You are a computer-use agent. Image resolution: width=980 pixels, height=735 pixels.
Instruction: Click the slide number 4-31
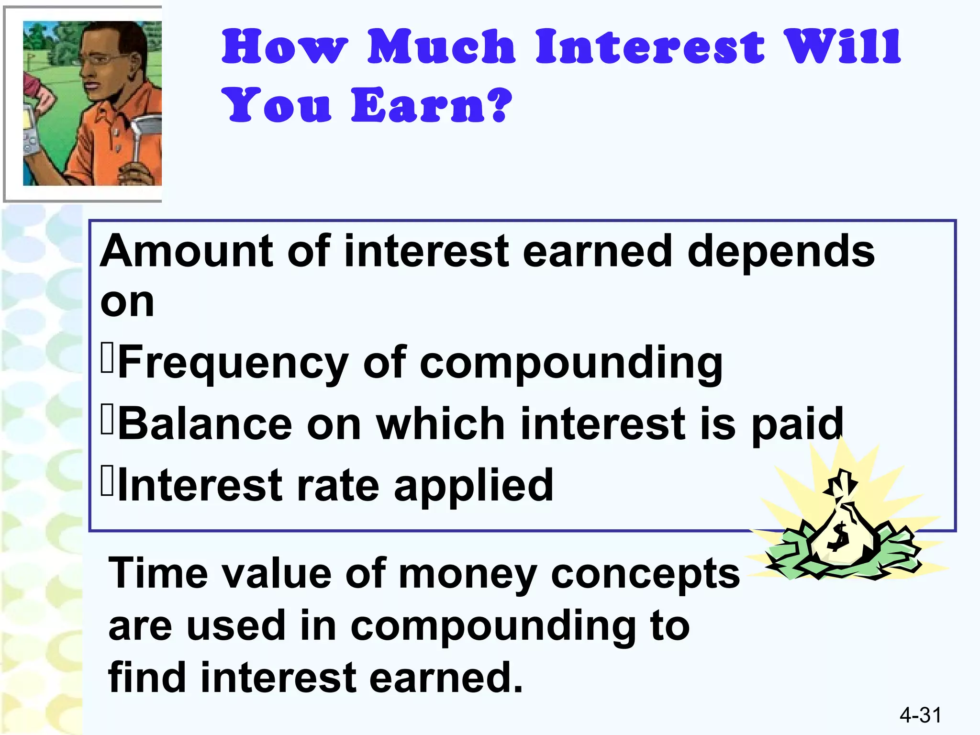920,715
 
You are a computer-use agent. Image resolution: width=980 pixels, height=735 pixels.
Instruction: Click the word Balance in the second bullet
205,424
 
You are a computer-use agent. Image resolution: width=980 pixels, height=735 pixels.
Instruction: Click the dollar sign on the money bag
839,537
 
